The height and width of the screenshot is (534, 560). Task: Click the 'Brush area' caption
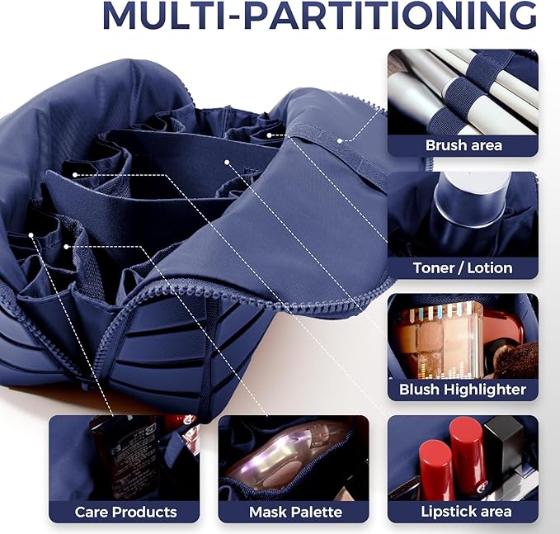pyautogui.click(x=464, y=145)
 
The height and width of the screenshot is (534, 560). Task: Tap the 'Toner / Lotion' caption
pyautogui.click(x=463, y=268)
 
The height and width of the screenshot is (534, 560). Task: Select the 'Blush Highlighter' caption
pyautogui.click(x=463, y=390)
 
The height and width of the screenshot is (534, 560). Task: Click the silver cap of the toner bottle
pyautogui.click(x=471, y=198)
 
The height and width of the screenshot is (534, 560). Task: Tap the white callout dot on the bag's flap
pyautogui.click(x=340, y=141)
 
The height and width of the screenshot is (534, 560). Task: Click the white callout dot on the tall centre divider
pyautogui.click(x=227, y=163)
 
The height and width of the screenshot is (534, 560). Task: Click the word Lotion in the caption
pyautogui.click(x=490, y=268)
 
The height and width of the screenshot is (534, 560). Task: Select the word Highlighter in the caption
pyautogui.click(x=484, y=390)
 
